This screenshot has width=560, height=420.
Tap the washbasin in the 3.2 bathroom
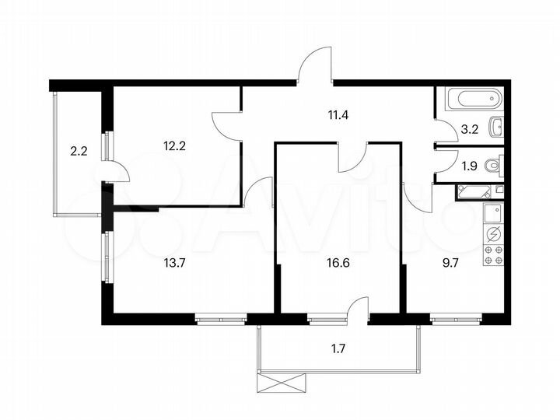(x=496, y=127)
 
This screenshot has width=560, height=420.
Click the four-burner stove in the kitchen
(x=492, y=255)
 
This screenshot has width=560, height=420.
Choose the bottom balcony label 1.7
(x=338, y=348)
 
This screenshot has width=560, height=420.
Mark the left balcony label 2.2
(x=79, y=152)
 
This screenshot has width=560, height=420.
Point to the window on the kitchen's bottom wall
(x=454, y=318)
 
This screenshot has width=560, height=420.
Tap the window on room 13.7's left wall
(x=106, y=250)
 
